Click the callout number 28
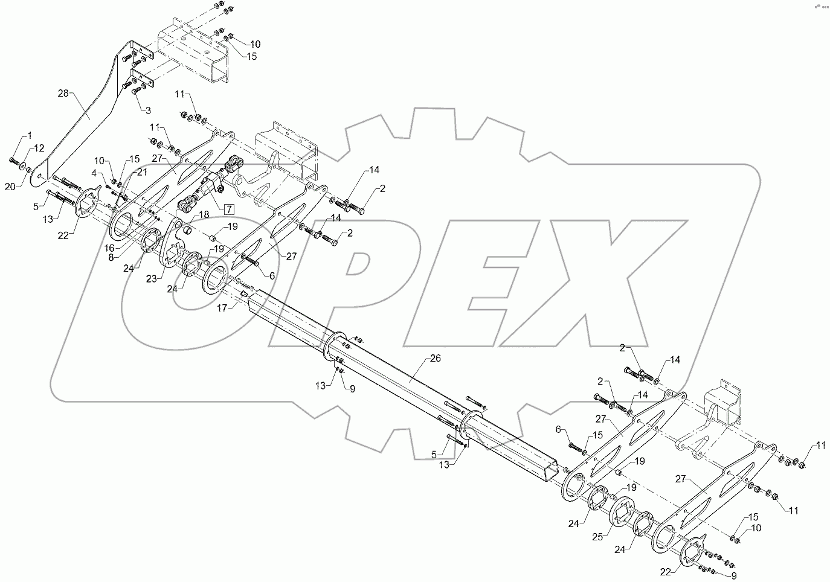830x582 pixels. pos(63,94)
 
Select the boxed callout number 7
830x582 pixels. pos(229,209)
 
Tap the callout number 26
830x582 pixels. pos(435,358)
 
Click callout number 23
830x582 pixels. pos(151,279)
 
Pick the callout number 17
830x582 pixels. pos(222,308)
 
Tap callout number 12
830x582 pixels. pos(39,148)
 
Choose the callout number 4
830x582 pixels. pos(94,173)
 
